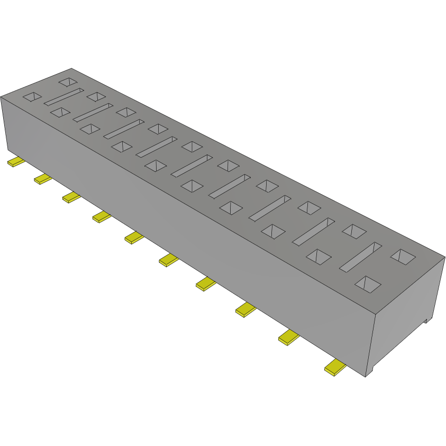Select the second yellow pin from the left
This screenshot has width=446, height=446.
coord(42,179)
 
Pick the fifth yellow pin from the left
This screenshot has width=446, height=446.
coord(134,238)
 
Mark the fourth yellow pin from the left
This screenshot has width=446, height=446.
coord(102,216)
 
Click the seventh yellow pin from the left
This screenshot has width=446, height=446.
coord(206,284)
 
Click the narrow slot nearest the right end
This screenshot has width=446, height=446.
coord(360,257)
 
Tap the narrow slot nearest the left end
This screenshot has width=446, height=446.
coord(63,96)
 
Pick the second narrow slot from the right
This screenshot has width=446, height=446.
coord(314,232)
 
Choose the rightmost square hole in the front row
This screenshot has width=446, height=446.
coord(368,284)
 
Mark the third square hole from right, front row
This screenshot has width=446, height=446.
coord(273,231)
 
